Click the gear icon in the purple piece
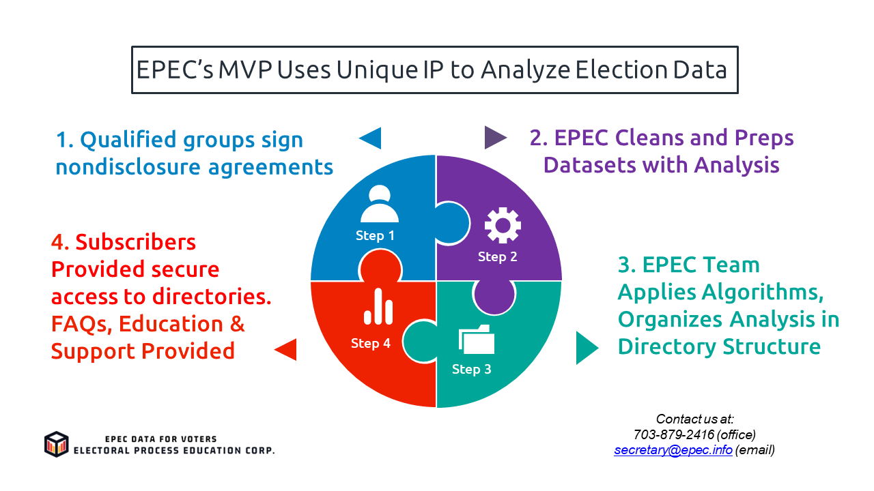[x=503, y=226]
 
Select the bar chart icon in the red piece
[x=378, y=307]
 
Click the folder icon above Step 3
[x=477, y=339]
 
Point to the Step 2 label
[x=497, y=256]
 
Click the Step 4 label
[x=371, y=343]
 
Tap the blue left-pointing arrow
[x=370, y=138]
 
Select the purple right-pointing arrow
[x=495, y=138]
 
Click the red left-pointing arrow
[x=285, y=349]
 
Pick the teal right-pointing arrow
[x=587, y=347]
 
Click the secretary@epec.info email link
[x=673, y=450]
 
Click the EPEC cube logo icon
[x=57, y=444]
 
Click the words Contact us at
[x=695, y=419]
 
